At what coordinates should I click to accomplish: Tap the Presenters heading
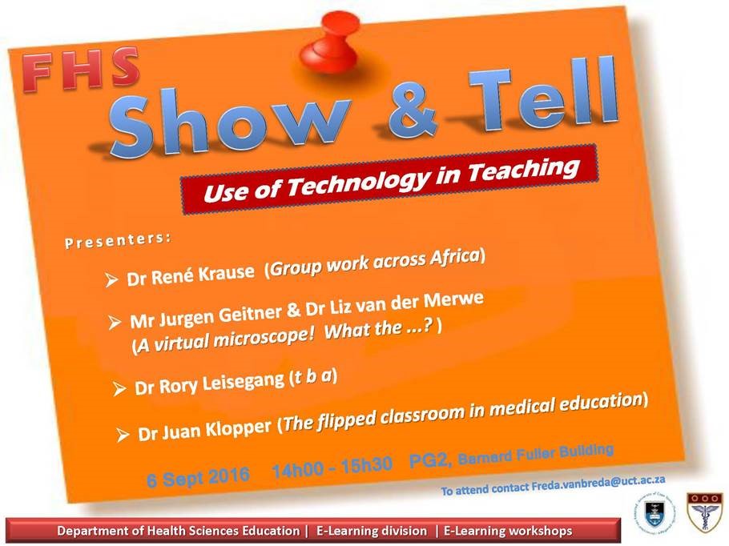point(118,241)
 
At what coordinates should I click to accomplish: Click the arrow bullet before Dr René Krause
point(111,279)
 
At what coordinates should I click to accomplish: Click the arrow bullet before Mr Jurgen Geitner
point(115,322)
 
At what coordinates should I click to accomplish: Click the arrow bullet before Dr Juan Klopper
point(122,435)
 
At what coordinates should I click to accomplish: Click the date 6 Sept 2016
point(198,478)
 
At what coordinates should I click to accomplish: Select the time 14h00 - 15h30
point(332,468)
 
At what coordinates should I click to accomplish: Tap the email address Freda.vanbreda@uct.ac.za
point(598,484)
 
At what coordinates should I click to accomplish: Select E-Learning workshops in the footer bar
point(508,531)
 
